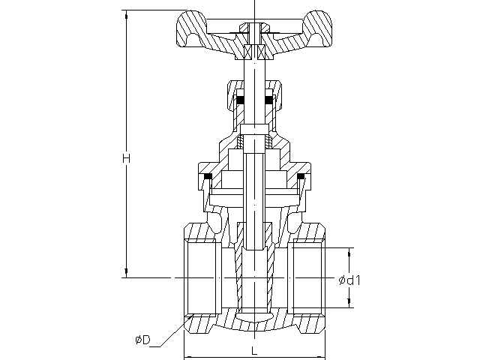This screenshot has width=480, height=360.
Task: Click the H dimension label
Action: pos(126,158)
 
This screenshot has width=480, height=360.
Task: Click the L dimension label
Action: pos(254,351)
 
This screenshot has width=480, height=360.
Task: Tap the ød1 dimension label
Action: pos(349,280)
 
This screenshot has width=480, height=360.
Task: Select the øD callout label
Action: pos(143,340)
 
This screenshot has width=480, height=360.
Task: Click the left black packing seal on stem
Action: pos(240,100)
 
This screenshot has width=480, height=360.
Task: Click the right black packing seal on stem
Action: pos(269,100)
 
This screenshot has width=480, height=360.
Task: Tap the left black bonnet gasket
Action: pos(208,177)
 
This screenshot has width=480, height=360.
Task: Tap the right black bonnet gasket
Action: pos(301,177)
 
